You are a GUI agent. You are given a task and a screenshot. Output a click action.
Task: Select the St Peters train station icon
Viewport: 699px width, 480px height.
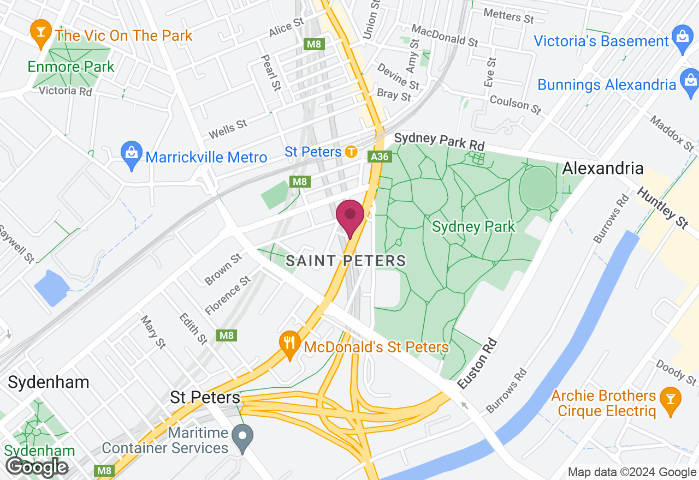tap(351, 152)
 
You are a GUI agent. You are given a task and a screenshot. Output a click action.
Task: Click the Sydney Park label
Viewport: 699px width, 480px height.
tap(473, 226)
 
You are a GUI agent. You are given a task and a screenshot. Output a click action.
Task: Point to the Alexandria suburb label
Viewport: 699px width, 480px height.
tap(603, 167)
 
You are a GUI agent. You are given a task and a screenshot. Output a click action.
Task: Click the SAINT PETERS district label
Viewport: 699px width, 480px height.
tap(346, 261)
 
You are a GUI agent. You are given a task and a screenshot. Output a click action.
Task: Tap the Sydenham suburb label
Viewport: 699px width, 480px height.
tap(49, 382)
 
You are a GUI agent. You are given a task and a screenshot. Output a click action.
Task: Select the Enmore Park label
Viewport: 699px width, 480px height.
tap(71, 67)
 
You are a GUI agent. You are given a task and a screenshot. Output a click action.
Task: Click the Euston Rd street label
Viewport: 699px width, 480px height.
tap(478, 363)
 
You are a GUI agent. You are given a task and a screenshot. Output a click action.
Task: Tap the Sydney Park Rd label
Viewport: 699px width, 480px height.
tap(439, 141)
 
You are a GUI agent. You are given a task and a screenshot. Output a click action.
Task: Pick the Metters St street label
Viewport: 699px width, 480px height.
tap(508, 16)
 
